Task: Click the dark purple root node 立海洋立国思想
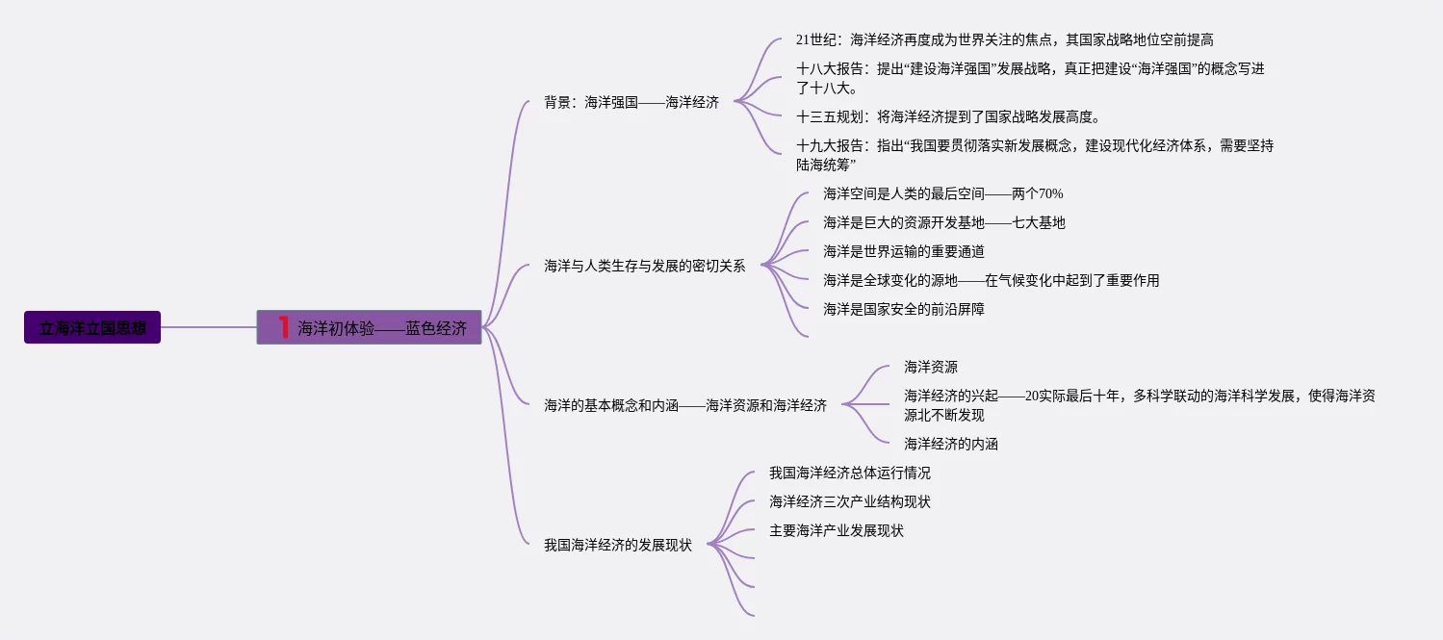[92, 327]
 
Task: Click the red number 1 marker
[284, 327]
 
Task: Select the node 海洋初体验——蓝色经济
[382, 328]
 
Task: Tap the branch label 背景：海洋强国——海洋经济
[631, 102]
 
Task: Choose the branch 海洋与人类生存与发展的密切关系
[644, 266]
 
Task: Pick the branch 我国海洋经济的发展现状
[617, 546]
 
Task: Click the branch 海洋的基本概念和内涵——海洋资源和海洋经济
[684, 406]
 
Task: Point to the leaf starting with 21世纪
[1004, 40]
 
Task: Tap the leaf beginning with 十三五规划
[947, 117]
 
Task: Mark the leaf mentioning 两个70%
[942, 194]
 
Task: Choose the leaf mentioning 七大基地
[943, 223]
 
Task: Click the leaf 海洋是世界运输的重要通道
[903, 252]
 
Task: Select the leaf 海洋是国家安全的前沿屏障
[903, 310]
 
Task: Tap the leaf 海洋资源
[930, 368]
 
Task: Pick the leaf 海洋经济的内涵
[950, 445]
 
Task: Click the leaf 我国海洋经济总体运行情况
[849, 474]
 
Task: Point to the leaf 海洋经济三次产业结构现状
[849, 502]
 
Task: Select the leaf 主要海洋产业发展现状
[836, 531]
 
